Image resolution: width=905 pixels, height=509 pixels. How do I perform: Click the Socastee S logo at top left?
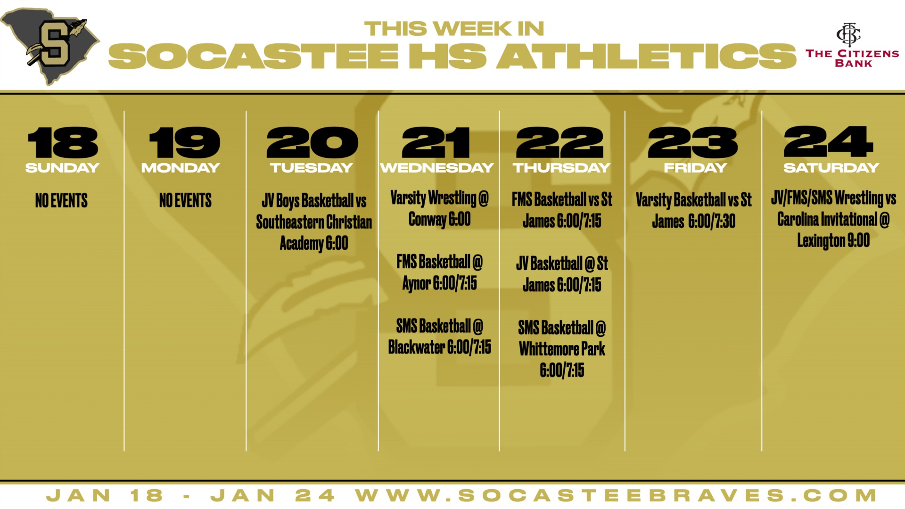click(x=50, y=46)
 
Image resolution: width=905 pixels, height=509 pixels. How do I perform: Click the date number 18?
click(x=62, y=142)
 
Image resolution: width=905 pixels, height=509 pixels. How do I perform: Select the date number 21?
click(x=436, y=142)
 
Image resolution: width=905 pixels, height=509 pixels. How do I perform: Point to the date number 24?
click(x=828, y=141)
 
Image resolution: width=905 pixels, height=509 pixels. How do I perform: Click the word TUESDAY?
click(x=311, y=168)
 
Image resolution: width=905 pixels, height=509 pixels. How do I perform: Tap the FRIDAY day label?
click(x=695, y=168)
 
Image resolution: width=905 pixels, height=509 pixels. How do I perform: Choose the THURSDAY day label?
click(x=561, y=168)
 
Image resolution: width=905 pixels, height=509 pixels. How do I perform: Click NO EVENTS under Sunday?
click(x=61, y=200)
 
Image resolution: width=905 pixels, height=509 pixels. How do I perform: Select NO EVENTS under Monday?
click(x=185, y=200)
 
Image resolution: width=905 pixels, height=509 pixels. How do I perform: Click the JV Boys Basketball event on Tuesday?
click(x=314, y=222)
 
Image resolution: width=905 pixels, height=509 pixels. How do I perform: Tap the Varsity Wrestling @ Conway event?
click(x=439, y=209)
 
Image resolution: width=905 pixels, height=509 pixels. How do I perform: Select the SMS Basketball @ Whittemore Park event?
click(x=562, y=349)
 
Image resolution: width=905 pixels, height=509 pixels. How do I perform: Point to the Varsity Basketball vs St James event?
click(x=693, y=211)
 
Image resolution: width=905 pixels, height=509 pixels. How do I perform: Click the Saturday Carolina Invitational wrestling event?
click(x=833, y=219)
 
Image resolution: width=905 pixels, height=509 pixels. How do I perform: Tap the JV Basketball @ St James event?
click(x=562, y=274)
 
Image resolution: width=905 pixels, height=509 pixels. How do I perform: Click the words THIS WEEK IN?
click(x=454, y=29)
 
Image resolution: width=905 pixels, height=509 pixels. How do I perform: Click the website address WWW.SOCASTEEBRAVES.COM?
click(x=616, y=496)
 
